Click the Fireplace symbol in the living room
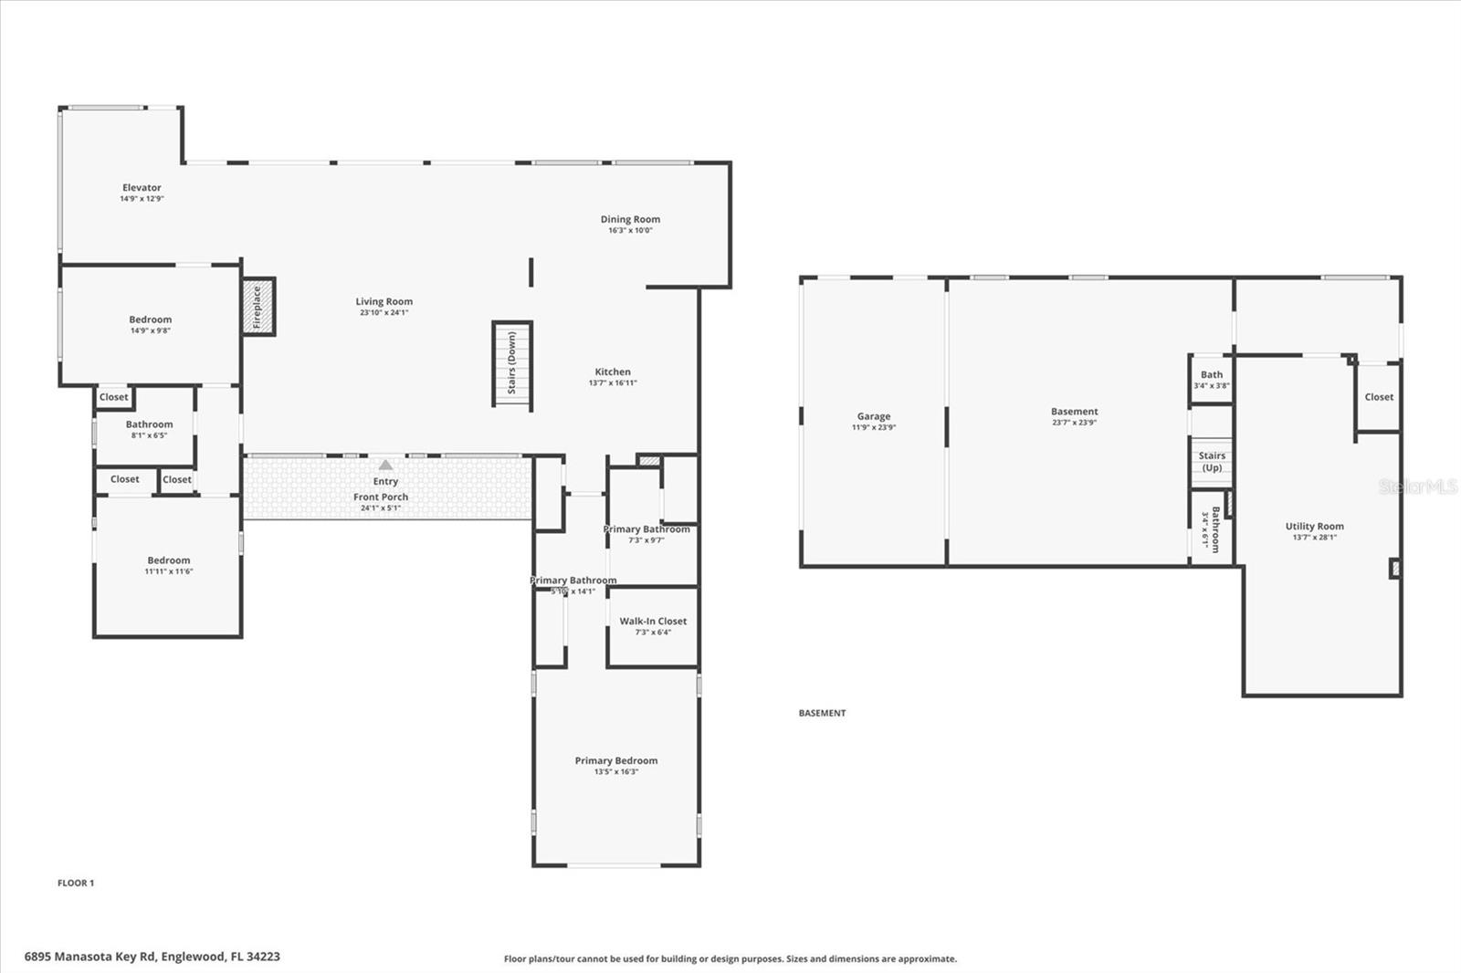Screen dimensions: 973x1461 pos(258,307)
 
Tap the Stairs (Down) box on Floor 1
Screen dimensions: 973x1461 pos(512,364)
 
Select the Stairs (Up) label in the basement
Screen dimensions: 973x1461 pos(1212,462)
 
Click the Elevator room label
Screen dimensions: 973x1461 pos(142,188)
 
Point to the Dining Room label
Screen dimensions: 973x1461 pos(630,219)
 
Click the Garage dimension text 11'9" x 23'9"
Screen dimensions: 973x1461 pos(874,427)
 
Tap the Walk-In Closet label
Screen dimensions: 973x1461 pos(653,622)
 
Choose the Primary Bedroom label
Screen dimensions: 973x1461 pos(616,760)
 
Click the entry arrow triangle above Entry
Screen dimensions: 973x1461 pos(385,465)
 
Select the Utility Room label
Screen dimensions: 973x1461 pos(1314,527)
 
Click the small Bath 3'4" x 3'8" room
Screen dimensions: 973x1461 pos(1212,380)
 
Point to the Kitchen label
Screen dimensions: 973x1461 pos(613,372)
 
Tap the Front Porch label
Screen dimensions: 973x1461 pos(381,497)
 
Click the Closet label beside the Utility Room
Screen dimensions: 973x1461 pos(1379,397)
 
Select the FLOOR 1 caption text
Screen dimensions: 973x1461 pos(76,883)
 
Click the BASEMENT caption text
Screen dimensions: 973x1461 pos(822,713)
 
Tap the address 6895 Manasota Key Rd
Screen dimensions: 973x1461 pos(152,957)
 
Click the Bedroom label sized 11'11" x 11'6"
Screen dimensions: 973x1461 pos(169,561)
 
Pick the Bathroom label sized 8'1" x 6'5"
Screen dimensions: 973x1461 pos(149,424)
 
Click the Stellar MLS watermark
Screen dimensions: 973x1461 pos(1417,486)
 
